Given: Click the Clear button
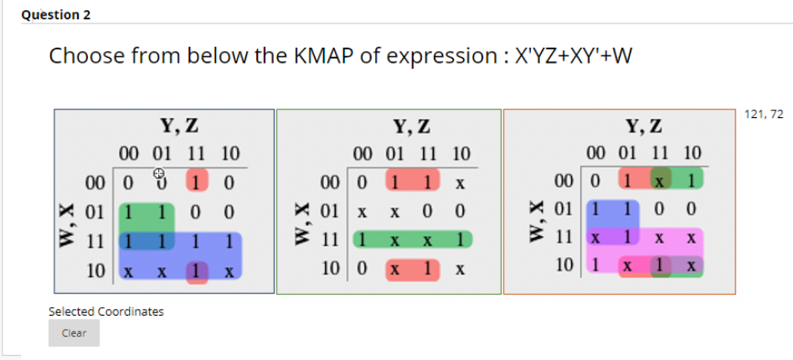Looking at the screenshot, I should [74, 332].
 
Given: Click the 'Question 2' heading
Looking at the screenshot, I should [56, 15].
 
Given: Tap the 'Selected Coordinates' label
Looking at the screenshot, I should [106, 311].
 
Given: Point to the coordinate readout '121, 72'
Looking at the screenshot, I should [762, 115].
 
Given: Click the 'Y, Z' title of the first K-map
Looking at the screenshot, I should [179, 127].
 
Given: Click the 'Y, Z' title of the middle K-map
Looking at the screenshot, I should [413, 127].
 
